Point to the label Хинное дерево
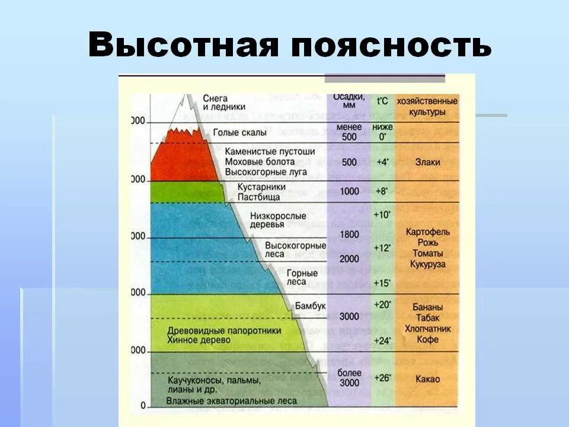coord(202,340)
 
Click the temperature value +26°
coord(382,377)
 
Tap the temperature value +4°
coord(382,162)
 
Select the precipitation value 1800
coord(349,234)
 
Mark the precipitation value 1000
coord(349,191)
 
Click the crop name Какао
coord(427,379)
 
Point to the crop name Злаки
coord(427,162)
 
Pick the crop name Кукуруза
coord(427,265)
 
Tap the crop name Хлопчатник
coord(427,329)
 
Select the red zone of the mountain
coord(181,157)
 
